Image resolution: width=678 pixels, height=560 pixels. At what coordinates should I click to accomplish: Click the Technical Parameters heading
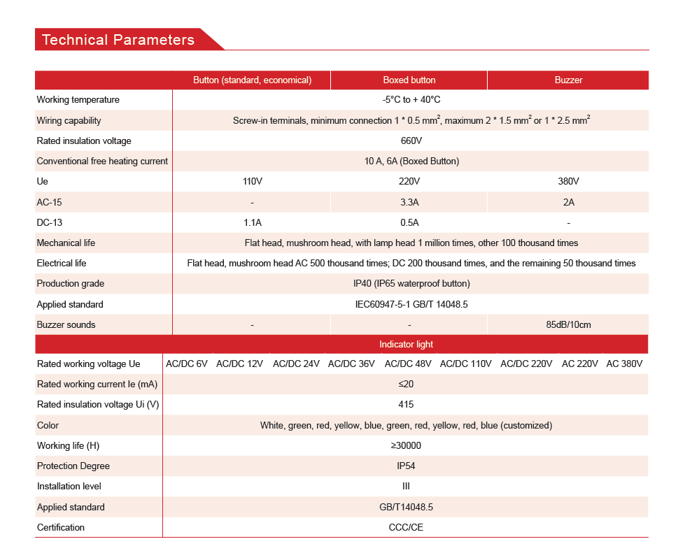tap(118, 40)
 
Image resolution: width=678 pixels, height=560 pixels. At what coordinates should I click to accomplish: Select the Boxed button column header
tap(409, 80)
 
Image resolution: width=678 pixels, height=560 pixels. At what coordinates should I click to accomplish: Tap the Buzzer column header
tap(568, 80)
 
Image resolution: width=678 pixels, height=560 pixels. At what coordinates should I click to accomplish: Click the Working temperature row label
tap(78, 100)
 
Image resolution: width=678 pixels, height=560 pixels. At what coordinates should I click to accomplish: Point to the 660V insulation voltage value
tap(411, 141)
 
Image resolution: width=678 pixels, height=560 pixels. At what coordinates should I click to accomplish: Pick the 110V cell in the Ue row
tap(252, 182)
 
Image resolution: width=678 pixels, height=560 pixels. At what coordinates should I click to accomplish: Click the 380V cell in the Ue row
tap(568, 182)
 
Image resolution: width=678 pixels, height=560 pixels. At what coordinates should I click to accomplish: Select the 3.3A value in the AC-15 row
tap(409, 202)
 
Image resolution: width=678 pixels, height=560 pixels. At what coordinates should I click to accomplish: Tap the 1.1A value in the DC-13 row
tap(252, 223)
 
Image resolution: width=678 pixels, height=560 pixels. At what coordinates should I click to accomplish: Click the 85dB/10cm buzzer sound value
tap(568, 324)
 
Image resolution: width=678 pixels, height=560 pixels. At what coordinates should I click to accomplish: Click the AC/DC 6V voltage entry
tap(187, 364)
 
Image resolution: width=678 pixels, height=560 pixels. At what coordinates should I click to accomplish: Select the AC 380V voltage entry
tap(624, 364)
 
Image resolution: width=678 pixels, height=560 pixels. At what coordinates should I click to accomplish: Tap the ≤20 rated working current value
tap(406, 384)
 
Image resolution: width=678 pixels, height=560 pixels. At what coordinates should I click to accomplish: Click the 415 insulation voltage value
tap(406, 404)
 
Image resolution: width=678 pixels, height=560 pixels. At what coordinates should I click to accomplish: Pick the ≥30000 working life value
tap(406, 445)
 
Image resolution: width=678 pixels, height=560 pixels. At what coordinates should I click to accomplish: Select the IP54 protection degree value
tap(406, 466)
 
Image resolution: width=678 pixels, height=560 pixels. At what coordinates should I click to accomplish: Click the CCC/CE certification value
tap(406, 527)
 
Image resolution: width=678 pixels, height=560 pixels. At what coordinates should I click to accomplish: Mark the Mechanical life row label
tap(66, 243)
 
